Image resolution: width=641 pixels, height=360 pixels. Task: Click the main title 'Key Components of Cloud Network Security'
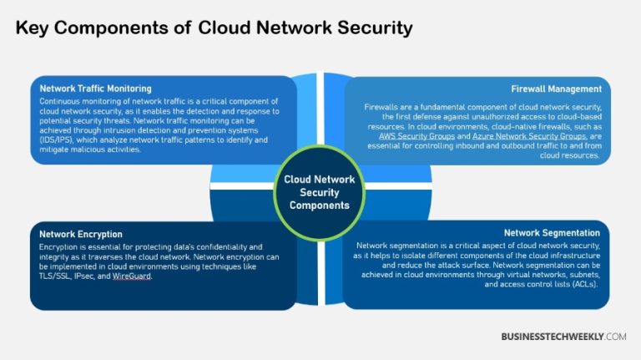215,28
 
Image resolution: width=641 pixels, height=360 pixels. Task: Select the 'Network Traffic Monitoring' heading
95,89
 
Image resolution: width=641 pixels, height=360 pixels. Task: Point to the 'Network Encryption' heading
81,235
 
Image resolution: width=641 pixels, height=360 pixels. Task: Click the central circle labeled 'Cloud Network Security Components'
320,191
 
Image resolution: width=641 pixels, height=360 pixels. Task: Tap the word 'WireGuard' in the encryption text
130,275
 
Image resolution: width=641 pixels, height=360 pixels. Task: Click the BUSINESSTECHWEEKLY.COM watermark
563,336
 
